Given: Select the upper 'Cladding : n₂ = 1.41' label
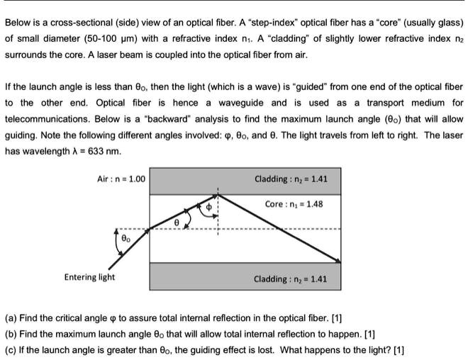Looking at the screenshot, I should pyautogui.click(x=291, y=179).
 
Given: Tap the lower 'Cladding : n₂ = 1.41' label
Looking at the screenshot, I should pyautogui.click(x=291, y=279).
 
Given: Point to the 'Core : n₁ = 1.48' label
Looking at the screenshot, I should pyautogui.click(x=293, y=204).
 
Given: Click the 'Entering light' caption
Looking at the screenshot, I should pyautogui.click(x=89, y=277).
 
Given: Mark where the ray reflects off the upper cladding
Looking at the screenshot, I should pyautogui.click(x=218, y=194).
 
